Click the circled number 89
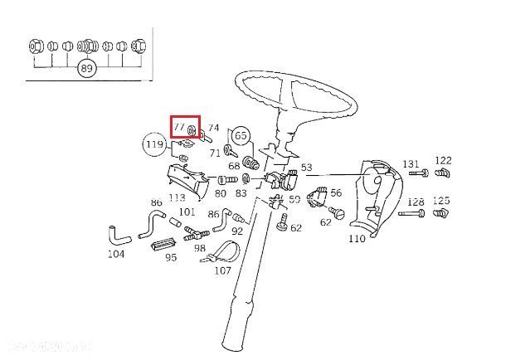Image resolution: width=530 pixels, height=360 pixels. (x=86, y=69)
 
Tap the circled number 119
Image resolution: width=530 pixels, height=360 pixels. (x=154, y=145)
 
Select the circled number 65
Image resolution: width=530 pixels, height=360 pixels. (x=241, y=134)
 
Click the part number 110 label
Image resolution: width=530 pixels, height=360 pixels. (x=357, y=239)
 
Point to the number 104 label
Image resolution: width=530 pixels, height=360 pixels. (x=116, y=253)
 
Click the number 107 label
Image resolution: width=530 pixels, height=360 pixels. (x=222, y=270)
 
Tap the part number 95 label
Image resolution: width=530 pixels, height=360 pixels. (x=170, y=257)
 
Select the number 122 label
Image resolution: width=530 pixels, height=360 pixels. (x=443, y=160)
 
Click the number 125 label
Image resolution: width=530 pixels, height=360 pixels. (x=441, y=201)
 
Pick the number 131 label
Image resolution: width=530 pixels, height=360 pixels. (x=411, y=163)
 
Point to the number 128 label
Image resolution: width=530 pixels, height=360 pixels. (x=416, y=202)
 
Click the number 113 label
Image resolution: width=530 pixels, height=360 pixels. (x=177, y=197)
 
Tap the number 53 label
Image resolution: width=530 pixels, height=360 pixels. (x=306, y=168)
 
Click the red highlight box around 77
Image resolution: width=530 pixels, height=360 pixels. (x=185, y=128)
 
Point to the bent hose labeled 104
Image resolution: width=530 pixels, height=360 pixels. (x=118, y=235)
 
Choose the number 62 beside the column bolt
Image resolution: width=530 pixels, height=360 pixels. (x=296, y=227)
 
